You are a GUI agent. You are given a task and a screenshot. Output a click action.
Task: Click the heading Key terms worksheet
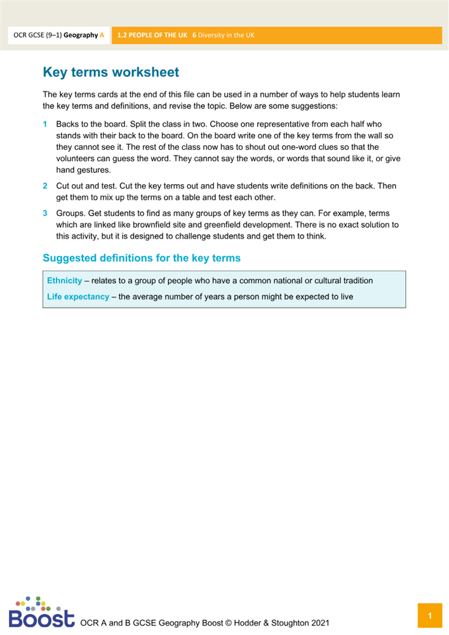point(111,72)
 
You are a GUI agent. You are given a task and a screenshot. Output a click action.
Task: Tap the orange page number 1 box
point(430,616)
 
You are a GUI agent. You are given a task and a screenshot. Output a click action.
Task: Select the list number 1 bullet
point(45,124)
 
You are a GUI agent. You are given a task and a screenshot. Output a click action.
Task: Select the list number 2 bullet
point(45,186)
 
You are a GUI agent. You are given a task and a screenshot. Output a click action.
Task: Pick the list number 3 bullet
point(45,213)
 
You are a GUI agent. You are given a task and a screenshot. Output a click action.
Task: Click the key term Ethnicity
point(64,281)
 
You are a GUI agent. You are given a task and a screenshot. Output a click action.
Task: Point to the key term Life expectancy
point(78,297)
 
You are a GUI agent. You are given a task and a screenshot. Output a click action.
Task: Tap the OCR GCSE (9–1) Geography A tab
point(59,36)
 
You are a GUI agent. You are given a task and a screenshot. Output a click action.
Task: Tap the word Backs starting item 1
point(68,124)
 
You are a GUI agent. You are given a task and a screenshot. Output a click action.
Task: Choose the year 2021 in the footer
point(318,621)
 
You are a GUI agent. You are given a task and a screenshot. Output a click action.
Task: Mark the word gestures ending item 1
point(95,170)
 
